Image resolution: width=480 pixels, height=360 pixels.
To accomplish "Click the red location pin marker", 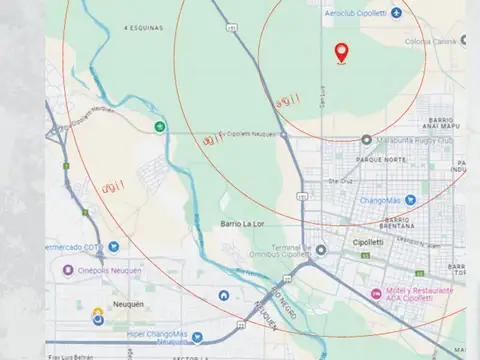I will coord(342,52).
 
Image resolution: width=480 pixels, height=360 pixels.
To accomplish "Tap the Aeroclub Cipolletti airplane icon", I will coord(397,12).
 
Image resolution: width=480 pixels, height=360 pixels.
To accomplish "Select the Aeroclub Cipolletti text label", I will coord(358,12).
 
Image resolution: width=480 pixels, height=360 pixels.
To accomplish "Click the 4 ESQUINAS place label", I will coord(142,28).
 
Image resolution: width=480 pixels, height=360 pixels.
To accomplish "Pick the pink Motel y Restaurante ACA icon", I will coord(370,295).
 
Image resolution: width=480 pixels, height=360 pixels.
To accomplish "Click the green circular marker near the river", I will coord(160,125).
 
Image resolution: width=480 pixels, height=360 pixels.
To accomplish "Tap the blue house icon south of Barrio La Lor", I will coord(223,296).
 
